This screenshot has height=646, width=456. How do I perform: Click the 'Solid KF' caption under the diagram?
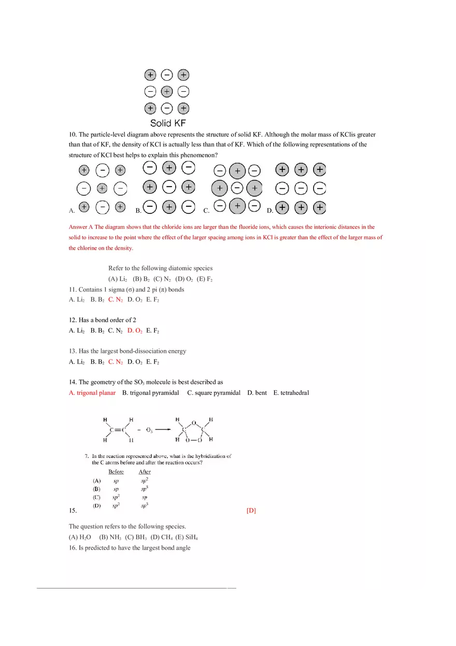(x=167, y=123)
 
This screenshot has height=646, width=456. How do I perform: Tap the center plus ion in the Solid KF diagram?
(x=166, y=92)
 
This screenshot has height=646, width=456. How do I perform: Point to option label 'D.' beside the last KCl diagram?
(x=269, y=211)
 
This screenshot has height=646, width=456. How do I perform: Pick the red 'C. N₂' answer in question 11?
(x=115, y=299)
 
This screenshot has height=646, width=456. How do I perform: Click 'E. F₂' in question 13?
(x=152, y=362)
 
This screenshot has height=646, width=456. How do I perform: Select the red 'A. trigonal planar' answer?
(x=92, y=393)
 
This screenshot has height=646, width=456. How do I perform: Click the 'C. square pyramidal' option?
(x=213, y=393)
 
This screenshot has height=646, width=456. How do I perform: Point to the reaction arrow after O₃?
(x=163, y=429)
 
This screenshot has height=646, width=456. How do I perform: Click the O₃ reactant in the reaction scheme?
(x=149, y=429)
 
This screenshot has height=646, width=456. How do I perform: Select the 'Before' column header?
(x=116, y=472)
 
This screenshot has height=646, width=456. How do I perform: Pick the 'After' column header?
(x=145, y=472)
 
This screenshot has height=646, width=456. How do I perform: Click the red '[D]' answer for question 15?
(x=251, y=511)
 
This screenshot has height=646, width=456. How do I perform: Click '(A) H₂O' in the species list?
(x=80, y=537)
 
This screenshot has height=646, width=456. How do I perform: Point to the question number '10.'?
(x=73, y=134)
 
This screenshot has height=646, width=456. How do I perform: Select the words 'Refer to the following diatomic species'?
(x=160, y=268)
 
